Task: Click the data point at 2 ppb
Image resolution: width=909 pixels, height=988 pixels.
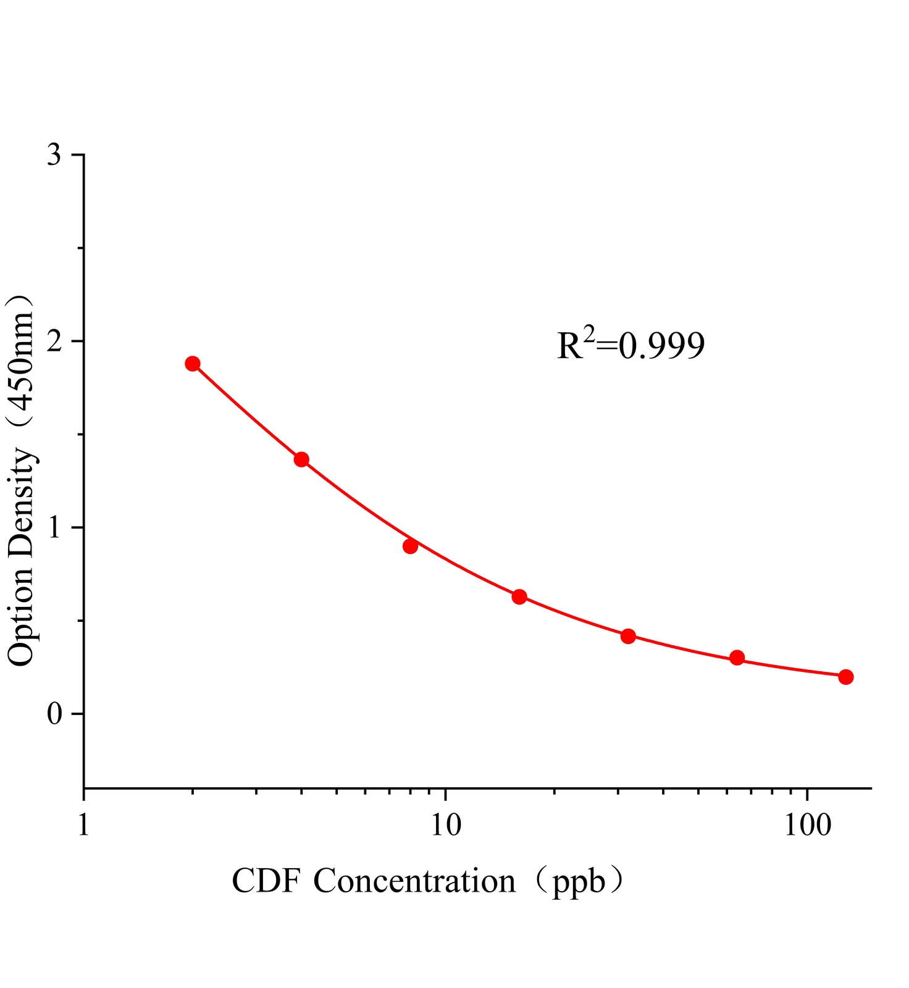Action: [193, 363]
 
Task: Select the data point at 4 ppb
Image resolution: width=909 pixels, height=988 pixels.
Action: [301, 459]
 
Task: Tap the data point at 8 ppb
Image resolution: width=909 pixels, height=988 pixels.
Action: [410, 546]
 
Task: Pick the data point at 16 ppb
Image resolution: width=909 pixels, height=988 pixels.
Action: [519, 597]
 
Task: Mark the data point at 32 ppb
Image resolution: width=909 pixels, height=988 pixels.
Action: [628, 636]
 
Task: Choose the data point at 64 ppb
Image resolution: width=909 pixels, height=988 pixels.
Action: [737, 657]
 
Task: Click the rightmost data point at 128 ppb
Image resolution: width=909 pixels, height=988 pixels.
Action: [846, 677]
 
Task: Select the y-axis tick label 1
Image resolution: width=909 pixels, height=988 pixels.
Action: [56, 528]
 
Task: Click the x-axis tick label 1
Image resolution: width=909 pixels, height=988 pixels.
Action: [84, 826]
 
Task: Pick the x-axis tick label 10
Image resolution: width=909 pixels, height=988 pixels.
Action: [446, 826]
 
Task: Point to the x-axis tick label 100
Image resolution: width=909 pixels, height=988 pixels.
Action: [808, 826]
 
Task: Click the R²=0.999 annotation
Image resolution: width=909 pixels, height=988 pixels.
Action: [630, 345]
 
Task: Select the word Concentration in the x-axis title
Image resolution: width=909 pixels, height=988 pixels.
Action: [414, 881]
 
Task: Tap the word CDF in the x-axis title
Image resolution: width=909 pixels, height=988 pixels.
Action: [266, 881]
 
